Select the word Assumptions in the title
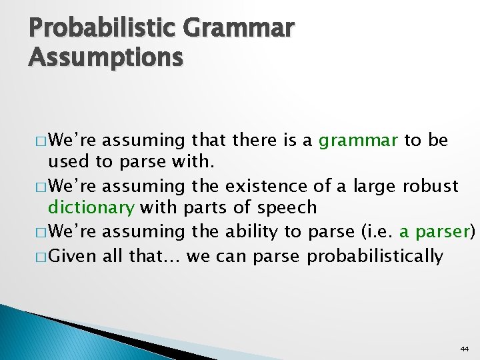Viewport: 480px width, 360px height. click(x=105, y=58)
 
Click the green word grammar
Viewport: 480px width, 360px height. click(x=359, y=141)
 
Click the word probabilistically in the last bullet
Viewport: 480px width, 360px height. click(x=375, y=255)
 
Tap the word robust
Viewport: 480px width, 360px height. click(x=431, y=185)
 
